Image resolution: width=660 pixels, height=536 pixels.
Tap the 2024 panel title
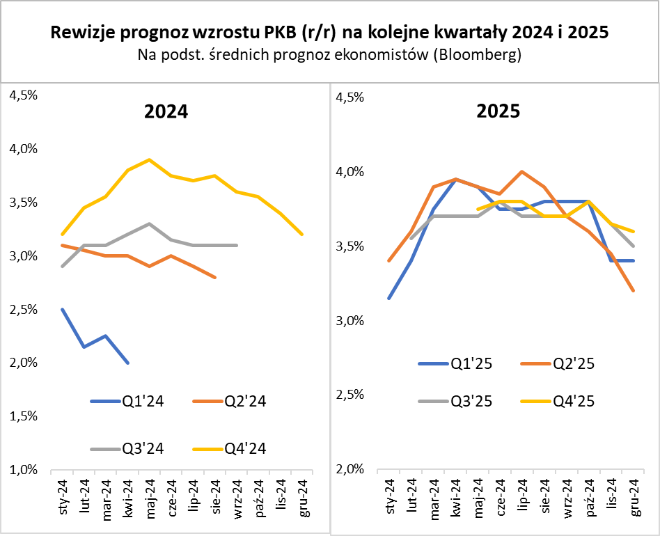click(x=166, y=111)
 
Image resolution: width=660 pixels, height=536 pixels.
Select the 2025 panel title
click(x=498, y=111)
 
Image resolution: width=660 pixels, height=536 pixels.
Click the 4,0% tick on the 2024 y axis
click(x=23, y=149)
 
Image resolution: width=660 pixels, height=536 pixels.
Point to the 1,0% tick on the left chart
click(x=23, y=470)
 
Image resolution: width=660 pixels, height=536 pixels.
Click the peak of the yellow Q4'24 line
click(x=149, y=159)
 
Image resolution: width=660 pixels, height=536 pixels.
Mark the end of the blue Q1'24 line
click(x=128, y=363)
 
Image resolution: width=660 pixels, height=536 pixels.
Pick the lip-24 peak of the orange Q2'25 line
click(x=522, y=171)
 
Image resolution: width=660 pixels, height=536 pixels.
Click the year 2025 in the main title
click(x=588, y=32)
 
